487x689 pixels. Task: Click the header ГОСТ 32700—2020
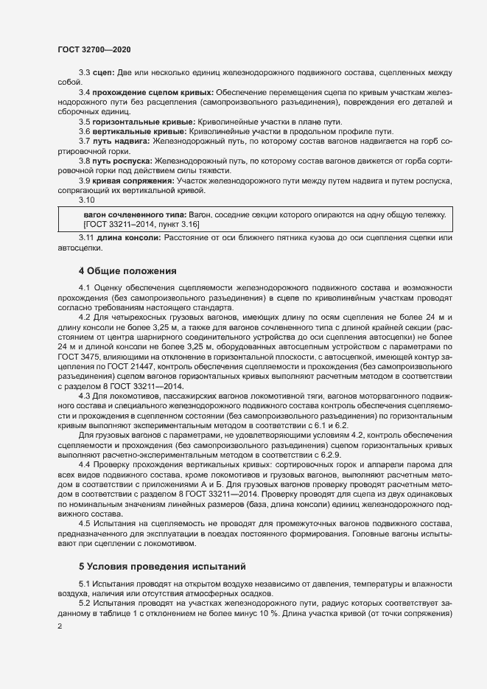[94, 49]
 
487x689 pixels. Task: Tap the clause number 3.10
[87, 199]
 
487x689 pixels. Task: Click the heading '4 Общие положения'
[127, 271]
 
